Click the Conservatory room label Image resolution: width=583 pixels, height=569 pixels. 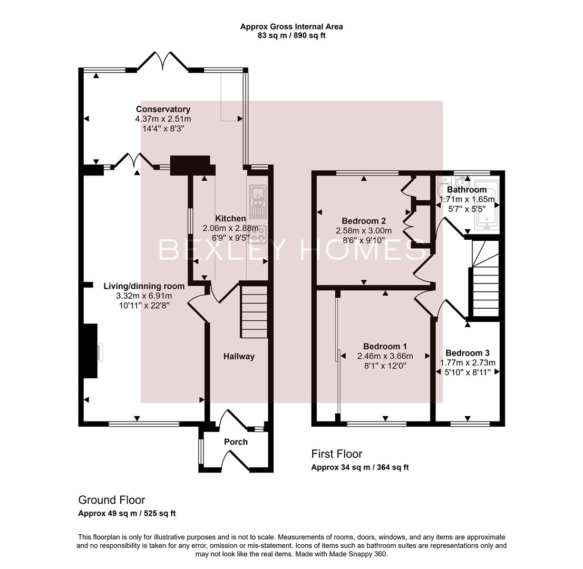point(163,110)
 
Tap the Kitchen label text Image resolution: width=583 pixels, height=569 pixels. point(230,219)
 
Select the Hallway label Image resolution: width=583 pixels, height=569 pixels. point(239,357)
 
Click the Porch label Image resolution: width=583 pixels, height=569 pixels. point(236,442)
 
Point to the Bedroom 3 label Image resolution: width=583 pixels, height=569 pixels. point(468,353)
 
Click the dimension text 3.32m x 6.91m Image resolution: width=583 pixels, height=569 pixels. point(144,296)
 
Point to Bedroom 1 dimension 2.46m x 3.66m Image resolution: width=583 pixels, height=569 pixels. point(385,356)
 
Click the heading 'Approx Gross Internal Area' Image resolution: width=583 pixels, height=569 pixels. point(291,26)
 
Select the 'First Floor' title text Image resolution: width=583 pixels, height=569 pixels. point(337,454)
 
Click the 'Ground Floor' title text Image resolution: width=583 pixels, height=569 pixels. point(111,500)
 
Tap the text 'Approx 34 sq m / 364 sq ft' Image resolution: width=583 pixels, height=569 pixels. point(359,467)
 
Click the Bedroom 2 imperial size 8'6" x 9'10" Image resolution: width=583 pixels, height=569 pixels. point(363,240)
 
